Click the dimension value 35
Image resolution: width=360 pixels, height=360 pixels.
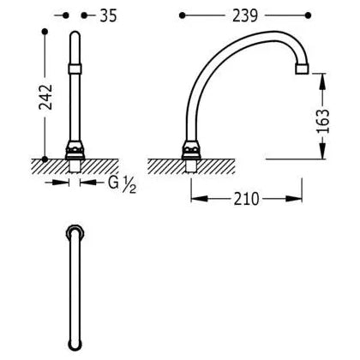click(x=108, y=15)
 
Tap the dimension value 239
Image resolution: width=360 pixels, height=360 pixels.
click(x=245, y=15)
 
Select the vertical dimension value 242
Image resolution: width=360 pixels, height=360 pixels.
click(x=45, y=97)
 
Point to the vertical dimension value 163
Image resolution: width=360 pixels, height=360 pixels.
click(x=323, y=121)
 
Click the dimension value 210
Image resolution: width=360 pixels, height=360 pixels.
click(x=247, y=199)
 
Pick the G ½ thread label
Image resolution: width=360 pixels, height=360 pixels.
click(x=122, y=183)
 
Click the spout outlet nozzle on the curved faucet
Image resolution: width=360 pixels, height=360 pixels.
click(x=302, y=69)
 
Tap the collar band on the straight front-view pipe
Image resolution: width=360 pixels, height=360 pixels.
click(x=75, y=69)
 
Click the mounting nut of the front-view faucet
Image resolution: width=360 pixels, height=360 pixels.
click(x=75, y=150)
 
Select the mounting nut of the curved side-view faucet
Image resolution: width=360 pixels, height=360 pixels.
click(x=192, y=150)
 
